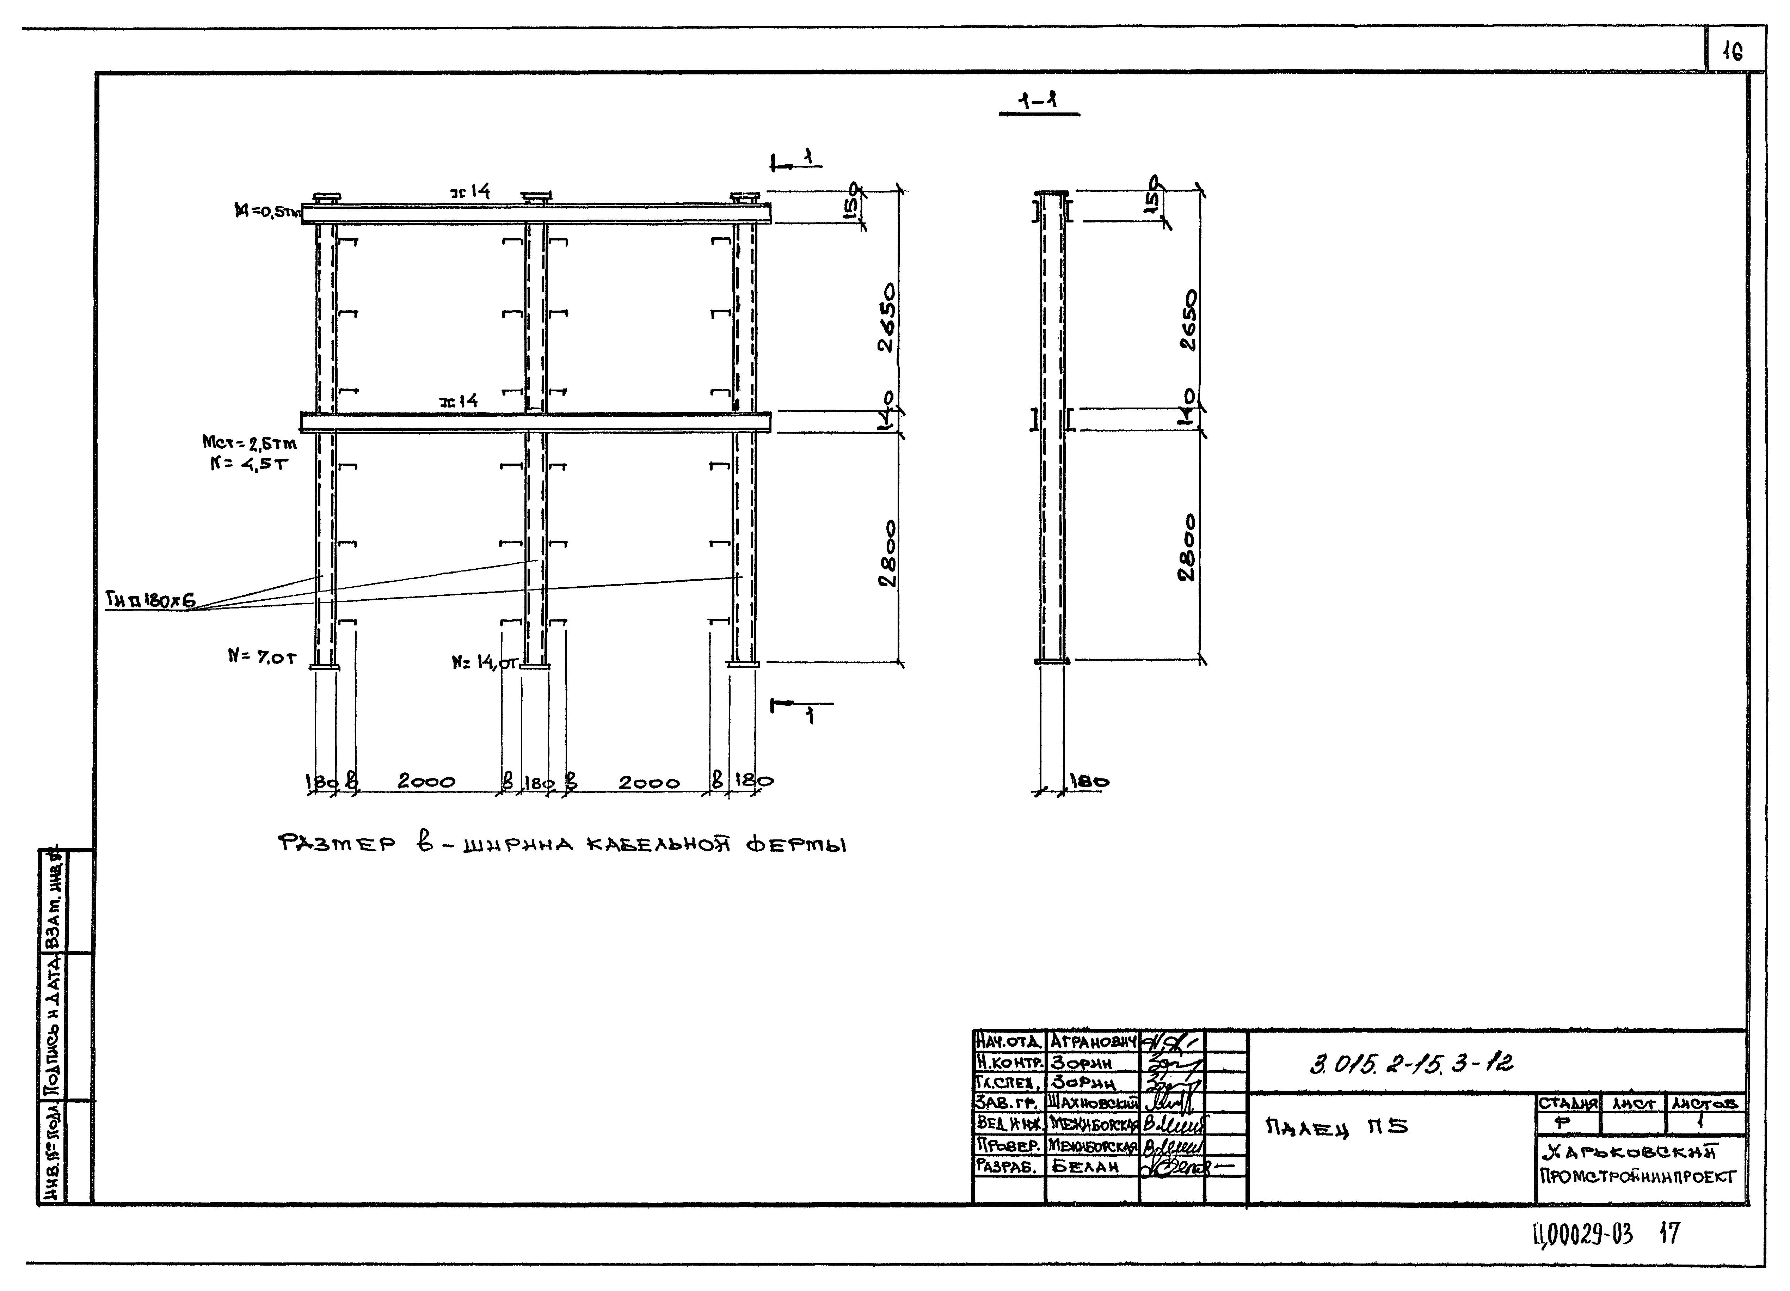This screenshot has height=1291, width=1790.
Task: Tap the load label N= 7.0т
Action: [x=262, y=656]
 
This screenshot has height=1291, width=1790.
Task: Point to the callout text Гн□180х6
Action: [x=150, y=601]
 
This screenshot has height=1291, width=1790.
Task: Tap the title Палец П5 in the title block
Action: [x=1336, y=1127]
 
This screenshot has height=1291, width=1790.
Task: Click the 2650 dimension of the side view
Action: [x=1188, y=320]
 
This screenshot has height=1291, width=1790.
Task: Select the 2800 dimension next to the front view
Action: [x=888, y=553]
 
